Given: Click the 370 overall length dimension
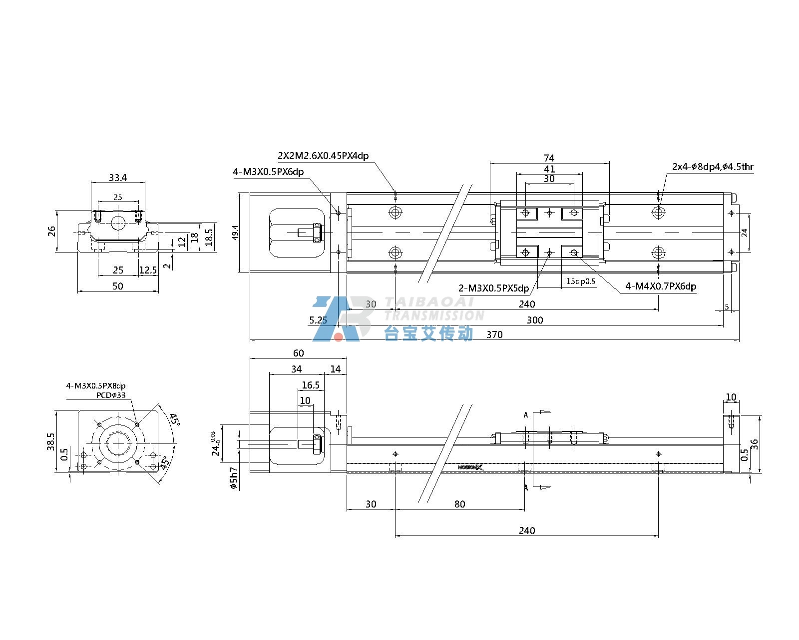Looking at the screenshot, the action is [494, 334].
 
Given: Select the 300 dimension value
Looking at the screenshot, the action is [535, 320].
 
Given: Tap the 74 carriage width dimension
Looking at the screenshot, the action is [549, 158].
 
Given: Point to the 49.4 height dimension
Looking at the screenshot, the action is [235, 232].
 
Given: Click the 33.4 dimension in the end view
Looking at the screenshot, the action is [118, 178].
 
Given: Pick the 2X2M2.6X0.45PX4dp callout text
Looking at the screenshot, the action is [323, 156].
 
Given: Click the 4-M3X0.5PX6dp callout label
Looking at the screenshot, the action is [268, 172].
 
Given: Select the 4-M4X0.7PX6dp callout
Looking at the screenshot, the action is [661, 286].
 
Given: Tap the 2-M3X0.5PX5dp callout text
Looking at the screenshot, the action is [494, 288].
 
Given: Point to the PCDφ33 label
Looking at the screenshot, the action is [111, 395].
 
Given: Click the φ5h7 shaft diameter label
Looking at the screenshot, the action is [234, 478].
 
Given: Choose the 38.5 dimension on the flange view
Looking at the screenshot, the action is [50, 441].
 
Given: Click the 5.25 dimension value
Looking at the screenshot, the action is [318, 320].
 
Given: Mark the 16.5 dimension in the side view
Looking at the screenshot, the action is [311, 385].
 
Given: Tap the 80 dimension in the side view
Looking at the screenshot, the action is [459, 504].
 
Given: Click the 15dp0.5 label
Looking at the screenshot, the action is [581, 281].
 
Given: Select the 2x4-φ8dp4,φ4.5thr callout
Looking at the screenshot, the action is [713, 166].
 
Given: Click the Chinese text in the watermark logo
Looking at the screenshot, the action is [429, 333].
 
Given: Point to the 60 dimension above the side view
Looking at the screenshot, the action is [299, 353].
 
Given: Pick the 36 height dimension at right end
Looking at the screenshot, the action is [754, 444].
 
